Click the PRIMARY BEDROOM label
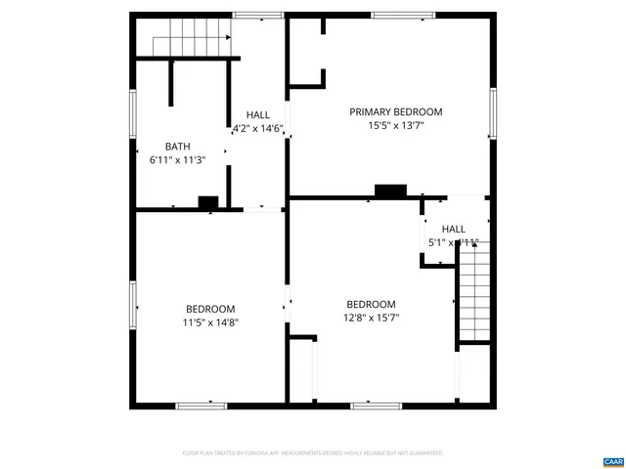coord(396,112)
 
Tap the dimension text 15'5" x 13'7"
coord(396,126)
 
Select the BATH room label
coord(177,147)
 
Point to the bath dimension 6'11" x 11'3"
coord(177,159)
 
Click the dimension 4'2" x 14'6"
coord(258,128)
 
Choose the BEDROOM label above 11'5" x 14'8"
coord(210,309)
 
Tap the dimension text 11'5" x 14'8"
coord(210,322)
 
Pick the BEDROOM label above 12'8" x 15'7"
coord(371,304)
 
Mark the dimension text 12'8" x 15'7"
coord(371,318)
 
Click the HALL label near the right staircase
coord(454,230)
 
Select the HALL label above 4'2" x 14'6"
coord(258,114)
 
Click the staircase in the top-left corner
coord(192,38)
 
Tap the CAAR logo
coord(613,459)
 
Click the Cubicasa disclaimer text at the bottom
coord(313,453)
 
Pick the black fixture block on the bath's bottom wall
coord(208,202)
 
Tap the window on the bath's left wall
coord(133,114)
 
